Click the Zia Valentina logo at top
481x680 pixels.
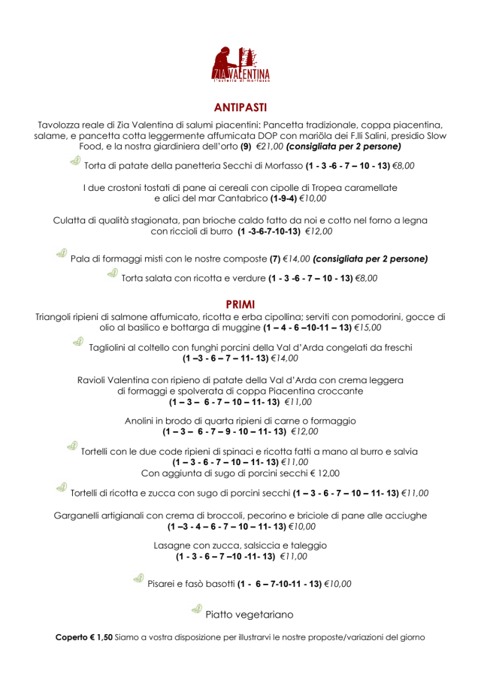[240, 63]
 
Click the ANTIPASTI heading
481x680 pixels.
[240, 107]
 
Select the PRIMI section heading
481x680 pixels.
[240, 304]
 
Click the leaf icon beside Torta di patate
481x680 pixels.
[75, 162]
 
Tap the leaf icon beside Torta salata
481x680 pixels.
[112, 274]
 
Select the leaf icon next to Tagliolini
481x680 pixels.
[77, 343]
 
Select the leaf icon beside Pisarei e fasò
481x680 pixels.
[138, 579]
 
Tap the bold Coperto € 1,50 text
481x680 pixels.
[84, 637]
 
